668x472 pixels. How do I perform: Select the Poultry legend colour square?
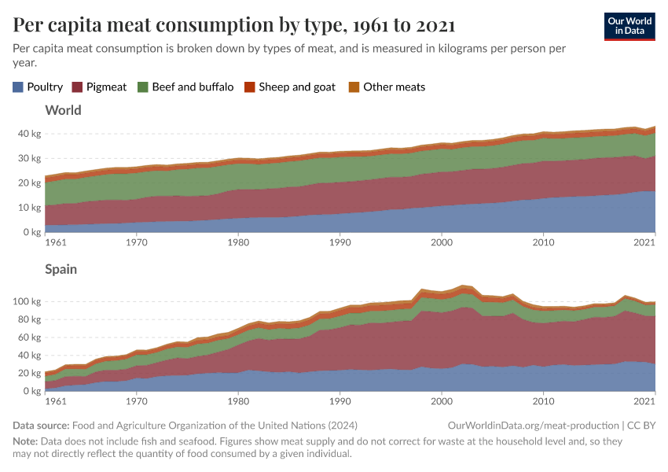18,87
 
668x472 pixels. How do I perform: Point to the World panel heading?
64,110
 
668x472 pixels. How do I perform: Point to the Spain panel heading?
61,269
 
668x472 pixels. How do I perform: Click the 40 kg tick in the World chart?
29,134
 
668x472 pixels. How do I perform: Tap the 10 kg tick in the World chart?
29,208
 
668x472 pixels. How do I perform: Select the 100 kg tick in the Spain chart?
27,301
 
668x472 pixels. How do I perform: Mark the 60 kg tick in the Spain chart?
29,337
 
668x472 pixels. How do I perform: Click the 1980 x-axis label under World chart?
238,244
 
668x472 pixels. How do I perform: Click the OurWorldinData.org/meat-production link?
531,426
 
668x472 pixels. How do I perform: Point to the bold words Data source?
43,426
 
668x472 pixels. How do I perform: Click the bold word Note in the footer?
25,441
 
